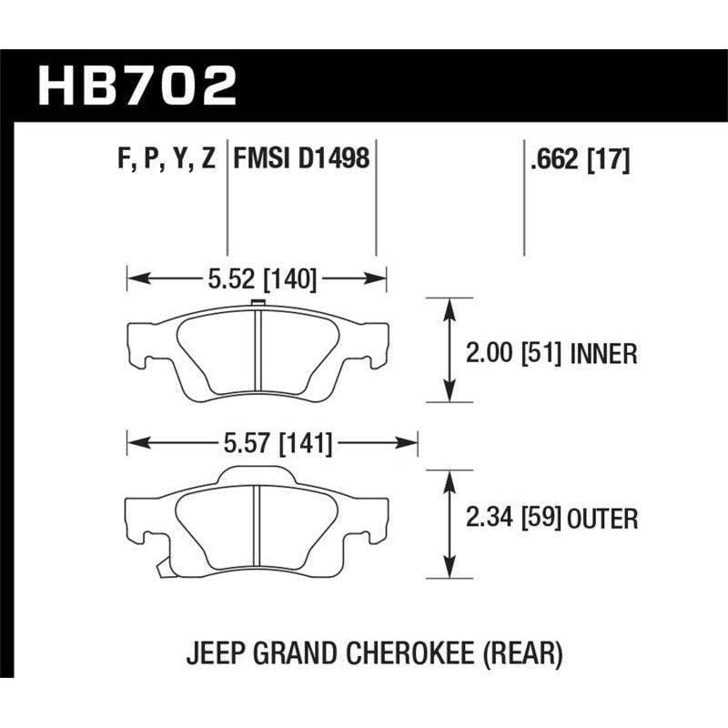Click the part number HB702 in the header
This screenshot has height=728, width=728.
click(x=137, y=86)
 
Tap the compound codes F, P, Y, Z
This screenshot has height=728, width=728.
click(x=167, y=160)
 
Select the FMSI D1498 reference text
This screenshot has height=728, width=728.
click(x=301, y=160)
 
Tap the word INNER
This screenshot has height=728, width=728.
click(x=604, y=353)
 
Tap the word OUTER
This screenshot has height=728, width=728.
click(x=602, y=520)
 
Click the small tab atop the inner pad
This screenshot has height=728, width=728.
click(x=257, y=306)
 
